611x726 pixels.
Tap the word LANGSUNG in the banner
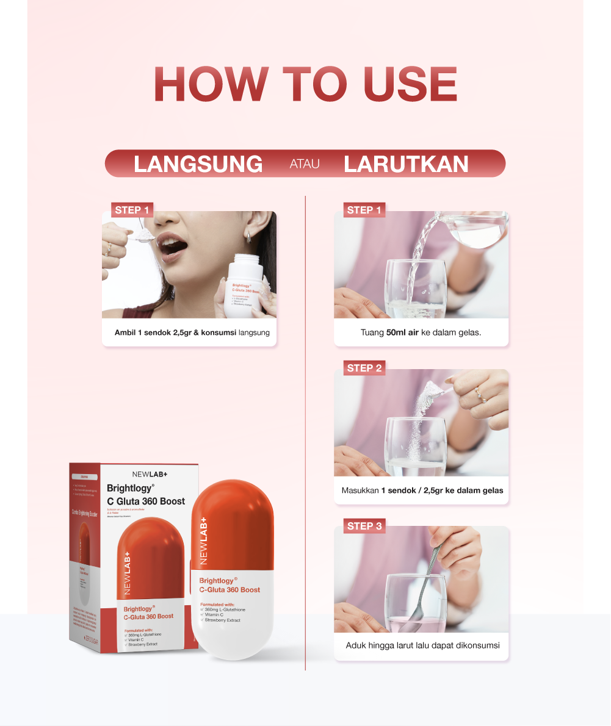coord(198,164)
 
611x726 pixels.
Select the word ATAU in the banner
coord(304,164)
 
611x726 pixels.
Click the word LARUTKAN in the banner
coord(406,164)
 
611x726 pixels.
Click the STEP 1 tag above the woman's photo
coord(132,210)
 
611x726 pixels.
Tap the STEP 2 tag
coord(364,368)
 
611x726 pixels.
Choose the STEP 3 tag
coord(364,526)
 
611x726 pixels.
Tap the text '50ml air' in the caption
coord(407,333)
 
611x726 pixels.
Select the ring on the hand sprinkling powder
coord(482,397)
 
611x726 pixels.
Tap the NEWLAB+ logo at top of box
coord(150,473)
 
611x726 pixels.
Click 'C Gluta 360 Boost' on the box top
coord(146,501)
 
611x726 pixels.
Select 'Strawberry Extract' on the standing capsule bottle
coord(223,620)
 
